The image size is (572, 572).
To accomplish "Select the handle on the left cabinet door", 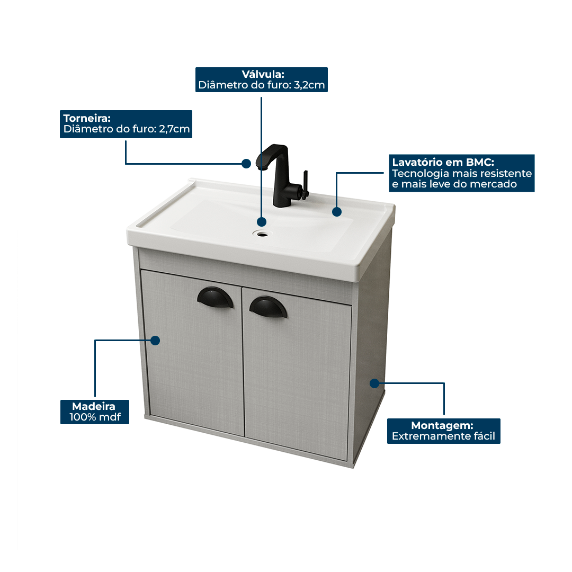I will point(214,296).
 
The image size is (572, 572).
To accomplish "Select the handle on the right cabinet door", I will point(269,306).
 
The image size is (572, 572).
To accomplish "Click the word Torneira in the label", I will point(87,118).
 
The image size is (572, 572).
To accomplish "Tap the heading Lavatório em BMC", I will point(443,162).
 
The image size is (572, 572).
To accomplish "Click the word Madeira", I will point(94,406).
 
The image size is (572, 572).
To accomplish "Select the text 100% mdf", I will point(95,417).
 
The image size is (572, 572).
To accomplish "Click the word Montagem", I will point(442,425).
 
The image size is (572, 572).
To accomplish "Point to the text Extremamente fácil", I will point(443,436).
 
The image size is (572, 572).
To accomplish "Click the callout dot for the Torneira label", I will point(246,164).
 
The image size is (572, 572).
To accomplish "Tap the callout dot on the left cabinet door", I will point(155,341).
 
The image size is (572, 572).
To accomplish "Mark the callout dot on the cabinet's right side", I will point(374,383).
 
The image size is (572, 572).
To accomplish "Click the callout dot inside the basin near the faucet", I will point(336,212).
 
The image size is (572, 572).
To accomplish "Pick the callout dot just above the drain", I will point(261,221).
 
